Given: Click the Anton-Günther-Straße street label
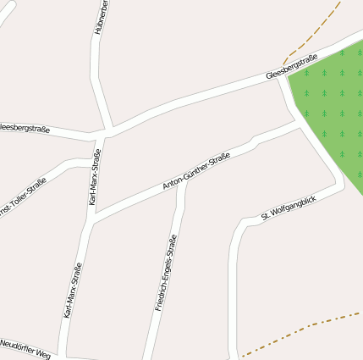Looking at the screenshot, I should (196, 171).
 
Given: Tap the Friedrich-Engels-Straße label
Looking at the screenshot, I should (166, 273).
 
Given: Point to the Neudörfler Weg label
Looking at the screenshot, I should (25, 348).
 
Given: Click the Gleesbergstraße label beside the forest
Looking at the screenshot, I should (291, 67).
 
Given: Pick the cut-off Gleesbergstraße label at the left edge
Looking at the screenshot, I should (24, 128).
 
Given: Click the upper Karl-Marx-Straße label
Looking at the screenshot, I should (95, 177).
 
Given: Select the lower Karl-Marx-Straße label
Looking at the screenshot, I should (73, 290).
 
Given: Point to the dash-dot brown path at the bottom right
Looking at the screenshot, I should (305, 328).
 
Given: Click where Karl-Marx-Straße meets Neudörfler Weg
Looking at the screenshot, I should (68, 353).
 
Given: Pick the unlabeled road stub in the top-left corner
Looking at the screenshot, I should (6, 15).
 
